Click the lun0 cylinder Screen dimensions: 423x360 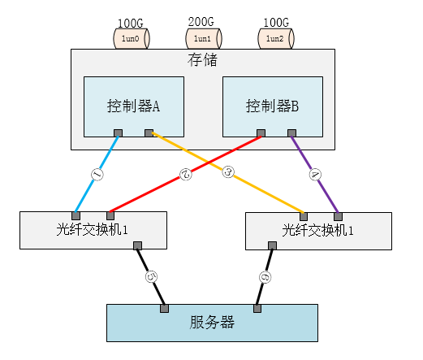(x=132, y=38)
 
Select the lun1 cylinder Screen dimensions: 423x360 (x=204, y=38)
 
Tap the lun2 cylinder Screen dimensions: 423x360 (x=276, y=38)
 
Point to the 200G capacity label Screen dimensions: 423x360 (x=201, y=22)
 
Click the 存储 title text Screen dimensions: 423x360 (x=202, y=60)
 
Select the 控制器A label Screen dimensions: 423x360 (x=133, y=106)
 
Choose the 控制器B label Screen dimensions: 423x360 (x=272, y=106)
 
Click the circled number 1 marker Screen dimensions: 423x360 (x=97, y=174)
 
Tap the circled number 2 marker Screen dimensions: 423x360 (x=186, y=174)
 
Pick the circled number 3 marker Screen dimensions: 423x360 (x=228, y=172)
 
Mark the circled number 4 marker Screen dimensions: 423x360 (x=315, y=174)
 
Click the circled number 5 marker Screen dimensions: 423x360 (x=151, y=277)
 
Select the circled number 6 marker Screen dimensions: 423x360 (x=265, y=277)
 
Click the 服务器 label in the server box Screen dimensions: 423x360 (x=212, y=323)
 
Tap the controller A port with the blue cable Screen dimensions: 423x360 (x=118, y=133)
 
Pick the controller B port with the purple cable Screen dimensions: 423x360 (x=291, y=133)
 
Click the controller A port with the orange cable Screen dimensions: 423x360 (x=149, y=133)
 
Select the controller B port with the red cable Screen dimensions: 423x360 (x=261, y=133)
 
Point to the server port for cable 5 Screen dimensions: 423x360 (x=164, y=309)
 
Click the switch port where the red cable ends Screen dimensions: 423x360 (x=110, y=216)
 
